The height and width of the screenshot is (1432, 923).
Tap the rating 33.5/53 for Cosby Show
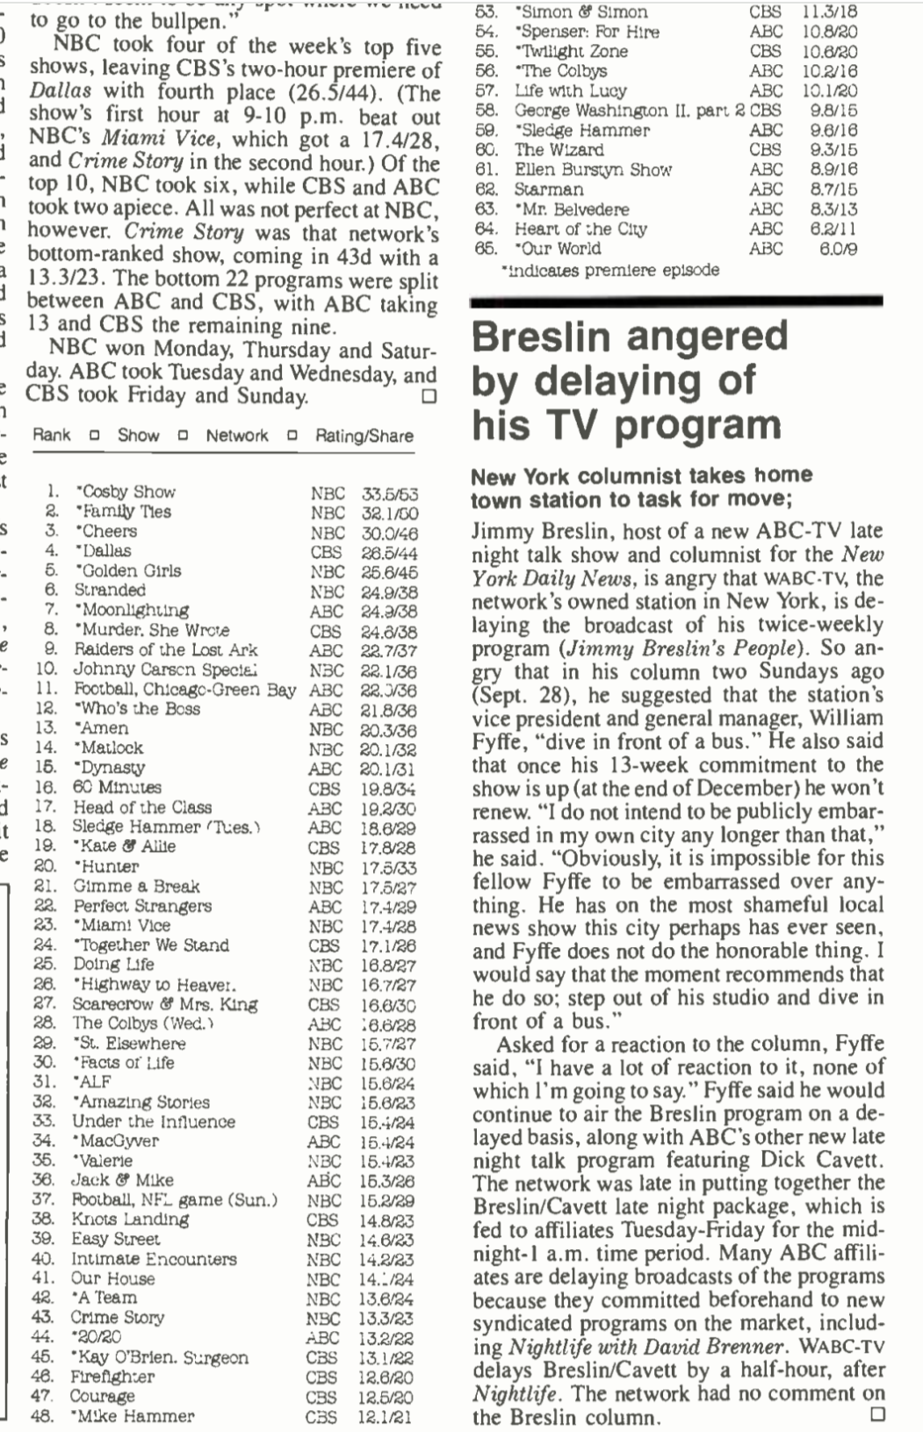390,493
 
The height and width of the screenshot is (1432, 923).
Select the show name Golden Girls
128,571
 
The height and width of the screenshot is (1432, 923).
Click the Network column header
237,436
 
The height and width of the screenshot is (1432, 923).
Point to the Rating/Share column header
364,436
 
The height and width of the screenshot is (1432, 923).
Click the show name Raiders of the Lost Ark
165,650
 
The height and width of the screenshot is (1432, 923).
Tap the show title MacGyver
119,1141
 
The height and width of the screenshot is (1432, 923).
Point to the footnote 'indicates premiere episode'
609,271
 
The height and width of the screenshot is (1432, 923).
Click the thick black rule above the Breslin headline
676,301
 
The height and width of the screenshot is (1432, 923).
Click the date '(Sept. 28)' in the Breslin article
517,695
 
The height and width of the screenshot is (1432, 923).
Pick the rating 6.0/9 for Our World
839,250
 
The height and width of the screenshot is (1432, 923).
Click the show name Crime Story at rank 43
118,1318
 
